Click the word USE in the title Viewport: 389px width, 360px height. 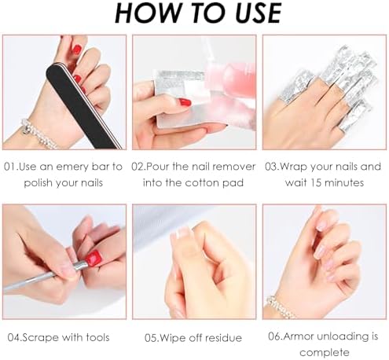point(258,13)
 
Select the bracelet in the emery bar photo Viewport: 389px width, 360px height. point(39,133)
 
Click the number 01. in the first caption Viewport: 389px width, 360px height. point(11,167)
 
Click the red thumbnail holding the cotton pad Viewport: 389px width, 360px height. point(185,102)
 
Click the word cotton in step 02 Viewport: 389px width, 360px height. point(202,183)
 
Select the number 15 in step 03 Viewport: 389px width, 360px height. point(316,183)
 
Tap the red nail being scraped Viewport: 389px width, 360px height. point(93,258)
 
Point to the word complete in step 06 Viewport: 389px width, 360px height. point(325,353)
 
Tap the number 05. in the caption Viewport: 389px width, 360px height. point(152,338)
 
